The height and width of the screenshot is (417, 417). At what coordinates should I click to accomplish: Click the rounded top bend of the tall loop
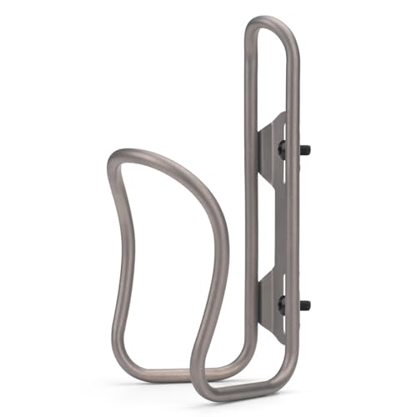coord(272,19)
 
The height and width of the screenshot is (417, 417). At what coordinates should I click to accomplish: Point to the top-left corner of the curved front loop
coord(117,158)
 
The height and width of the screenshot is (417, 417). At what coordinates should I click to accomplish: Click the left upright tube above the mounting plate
coord(249,75)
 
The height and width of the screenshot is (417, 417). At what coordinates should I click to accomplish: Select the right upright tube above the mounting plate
coord(294,75)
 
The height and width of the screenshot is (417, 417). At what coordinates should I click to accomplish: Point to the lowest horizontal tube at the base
coord(242,392)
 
